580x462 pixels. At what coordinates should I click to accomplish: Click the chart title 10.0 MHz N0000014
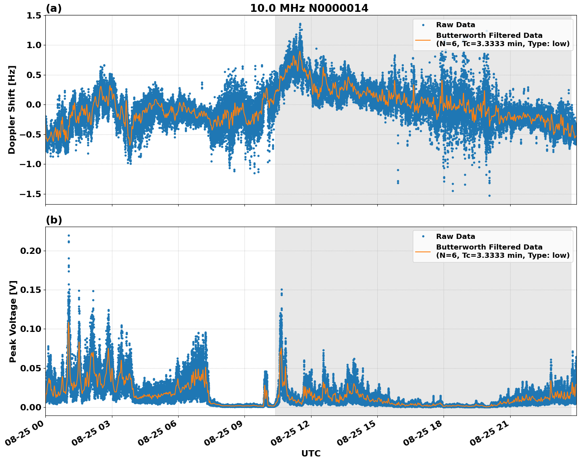click(309, 8)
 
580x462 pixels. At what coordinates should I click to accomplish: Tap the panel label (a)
click(54, 8)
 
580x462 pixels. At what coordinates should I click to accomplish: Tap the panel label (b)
click(54, 220)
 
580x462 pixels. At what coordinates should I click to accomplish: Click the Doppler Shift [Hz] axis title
click(12, 110)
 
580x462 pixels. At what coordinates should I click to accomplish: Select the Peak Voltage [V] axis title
click(13, 321)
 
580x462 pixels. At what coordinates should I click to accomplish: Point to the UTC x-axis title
click(311, 453)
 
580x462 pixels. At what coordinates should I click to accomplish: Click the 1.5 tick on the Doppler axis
click(34, 15)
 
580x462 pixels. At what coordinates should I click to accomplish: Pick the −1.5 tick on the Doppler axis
click(31, 194)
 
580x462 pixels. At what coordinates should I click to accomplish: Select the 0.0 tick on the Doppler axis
click(34, 105)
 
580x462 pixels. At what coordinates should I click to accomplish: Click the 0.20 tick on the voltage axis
click(32, 251)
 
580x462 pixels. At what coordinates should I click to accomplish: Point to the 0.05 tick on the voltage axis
click(32, 368)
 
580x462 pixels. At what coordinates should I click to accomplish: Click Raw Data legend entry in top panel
click(455, 25)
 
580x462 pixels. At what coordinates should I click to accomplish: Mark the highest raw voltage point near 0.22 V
click(69, 235)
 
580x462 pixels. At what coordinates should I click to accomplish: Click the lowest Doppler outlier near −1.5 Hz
click(489, 196)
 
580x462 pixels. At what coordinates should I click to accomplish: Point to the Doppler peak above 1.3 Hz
click(300, 24)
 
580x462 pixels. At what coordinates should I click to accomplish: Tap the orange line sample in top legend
click(423, 40)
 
